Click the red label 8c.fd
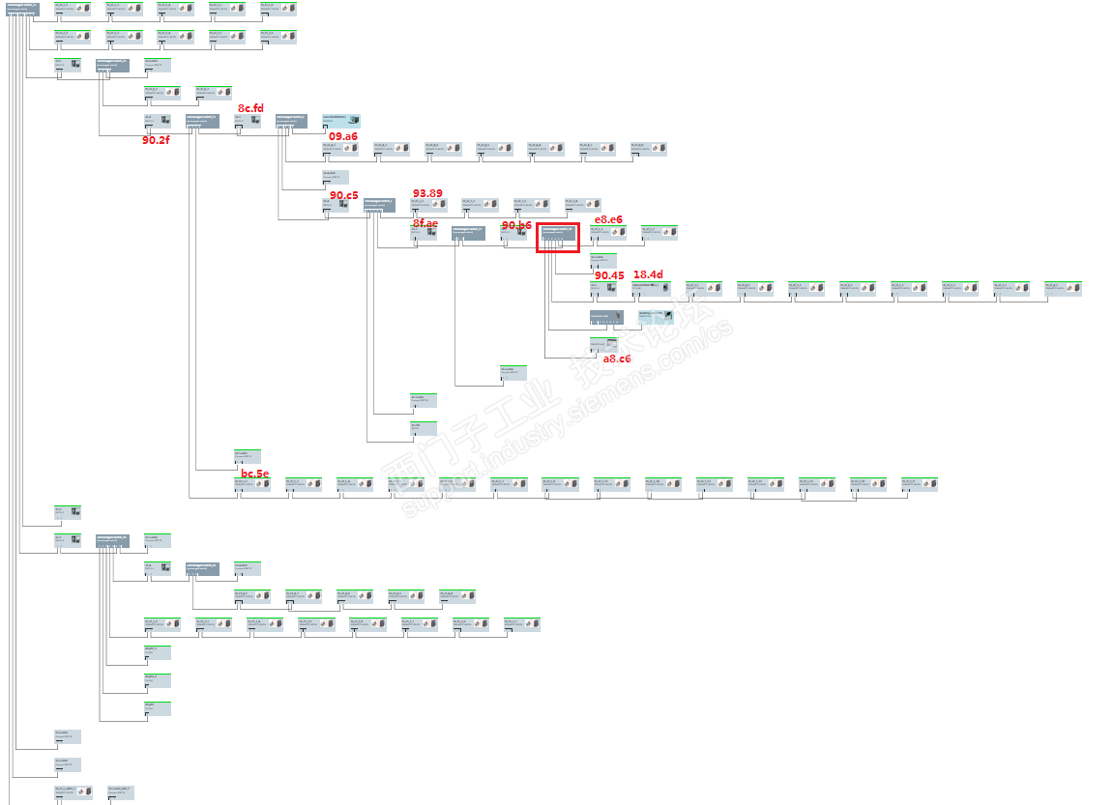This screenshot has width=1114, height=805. pos(250,108)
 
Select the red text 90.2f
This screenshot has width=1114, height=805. pos(155,140)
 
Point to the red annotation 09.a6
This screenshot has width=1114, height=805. pos(342,136)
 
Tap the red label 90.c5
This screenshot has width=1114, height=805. pos(343,195)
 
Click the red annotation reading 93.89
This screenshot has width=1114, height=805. pos(427,193)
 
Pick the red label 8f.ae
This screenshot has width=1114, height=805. pos(425,223)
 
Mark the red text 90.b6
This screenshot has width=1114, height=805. pos(516,225)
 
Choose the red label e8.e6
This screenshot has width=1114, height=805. pos(608,219)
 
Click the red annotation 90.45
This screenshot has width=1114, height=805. pos(609,275)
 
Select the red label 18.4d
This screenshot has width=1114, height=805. pos(648,274)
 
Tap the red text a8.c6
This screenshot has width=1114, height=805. pos(617,359)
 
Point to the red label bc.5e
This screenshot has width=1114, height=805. pos(254,474)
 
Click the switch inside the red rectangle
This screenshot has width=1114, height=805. pos(558,233)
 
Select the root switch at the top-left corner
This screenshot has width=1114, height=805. pos(22,9)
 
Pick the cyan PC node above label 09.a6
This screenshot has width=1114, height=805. pos(340,121)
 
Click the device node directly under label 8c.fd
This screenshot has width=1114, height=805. pos(247,121)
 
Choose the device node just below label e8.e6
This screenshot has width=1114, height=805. pos(608,232)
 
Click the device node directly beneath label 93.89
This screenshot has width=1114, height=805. pos(427,205)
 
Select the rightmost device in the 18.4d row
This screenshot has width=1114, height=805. pos(1063,288)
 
